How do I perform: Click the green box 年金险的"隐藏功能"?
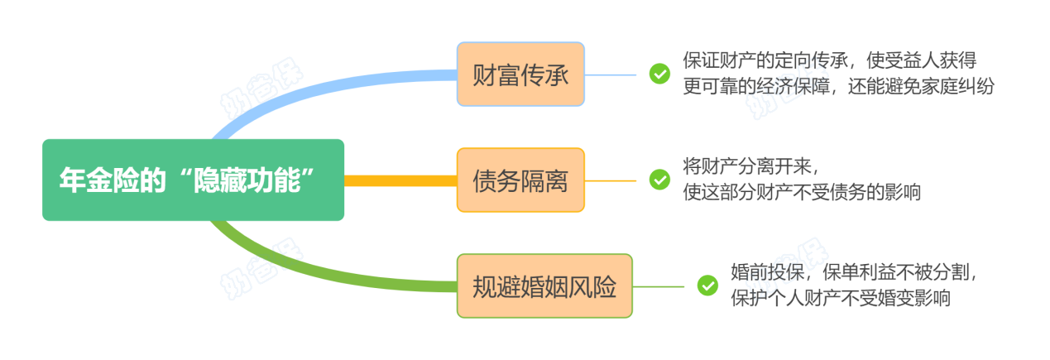click(x=193, y=180)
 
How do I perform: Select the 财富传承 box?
click(x=520, y=74)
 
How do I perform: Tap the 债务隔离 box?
click(x=520, y=180)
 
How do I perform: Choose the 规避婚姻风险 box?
click(x=544, y=286)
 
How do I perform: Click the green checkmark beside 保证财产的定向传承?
click(x=659, y=74)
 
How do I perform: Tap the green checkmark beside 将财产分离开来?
click(x=659, y=180)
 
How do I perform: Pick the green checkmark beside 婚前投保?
click(x=707, y=286)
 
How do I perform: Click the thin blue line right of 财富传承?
click(x=611, y=74)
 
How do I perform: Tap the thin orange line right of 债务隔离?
click(x=611, y=180)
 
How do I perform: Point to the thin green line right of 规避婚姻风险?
click(x=659, y=286)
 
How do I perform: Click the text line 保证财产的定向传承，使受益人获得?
click(x=830, y=60)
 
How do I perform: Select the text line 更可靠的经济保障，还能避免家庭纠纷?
click(x=838, y=87)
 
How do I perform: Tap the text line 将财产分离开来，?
click(x=755, y=166)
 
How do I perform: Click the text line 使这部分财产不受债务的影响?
click(x=802, y=193)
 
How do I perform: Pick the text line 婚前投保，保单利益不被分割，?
click(x=861, y=271)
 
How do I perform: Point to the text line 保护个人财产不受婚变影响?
click(x=841, y=298)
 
